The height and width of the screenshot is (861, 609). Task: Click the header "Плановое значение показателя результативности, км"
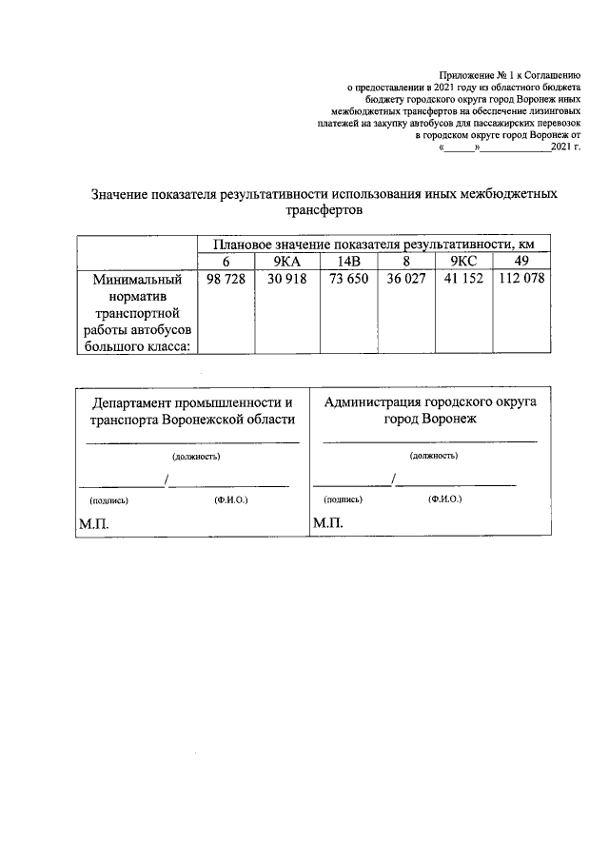click(x=373, y=245)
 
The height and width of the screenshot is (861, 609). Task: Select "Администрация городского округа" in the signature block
click(x=430, y=401)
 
